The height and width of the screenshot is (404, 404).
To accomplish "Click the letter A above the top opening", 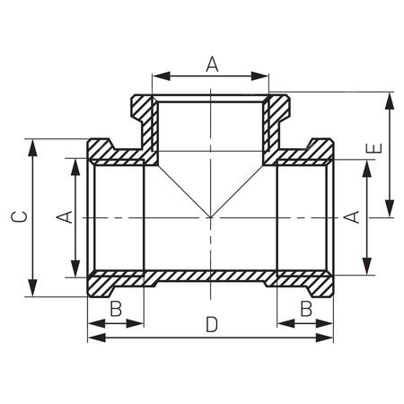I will (212, 63).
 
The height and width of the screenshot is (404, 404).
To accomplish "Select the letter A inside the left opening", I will (63, 217).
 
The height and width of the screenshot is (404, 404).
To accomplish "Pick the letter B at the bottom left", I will (116, 309).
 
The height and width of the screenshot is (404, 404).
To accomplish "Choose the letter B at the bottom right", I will (306, 309).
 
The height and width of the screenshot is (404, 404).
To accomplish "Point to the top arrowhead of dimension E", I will (390, 98).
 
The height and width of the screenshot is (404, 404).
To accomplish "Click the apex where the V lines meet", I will (211, 217).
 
